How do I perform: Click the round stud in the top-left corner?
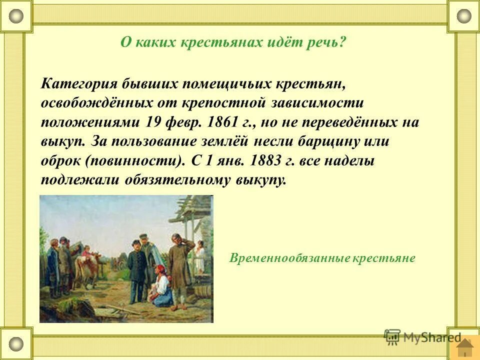[x=16, y=16]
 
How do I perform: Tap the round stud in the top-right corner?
[x=464, y=16]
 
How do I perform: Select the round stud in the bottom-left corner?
[x=16, y=343]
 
